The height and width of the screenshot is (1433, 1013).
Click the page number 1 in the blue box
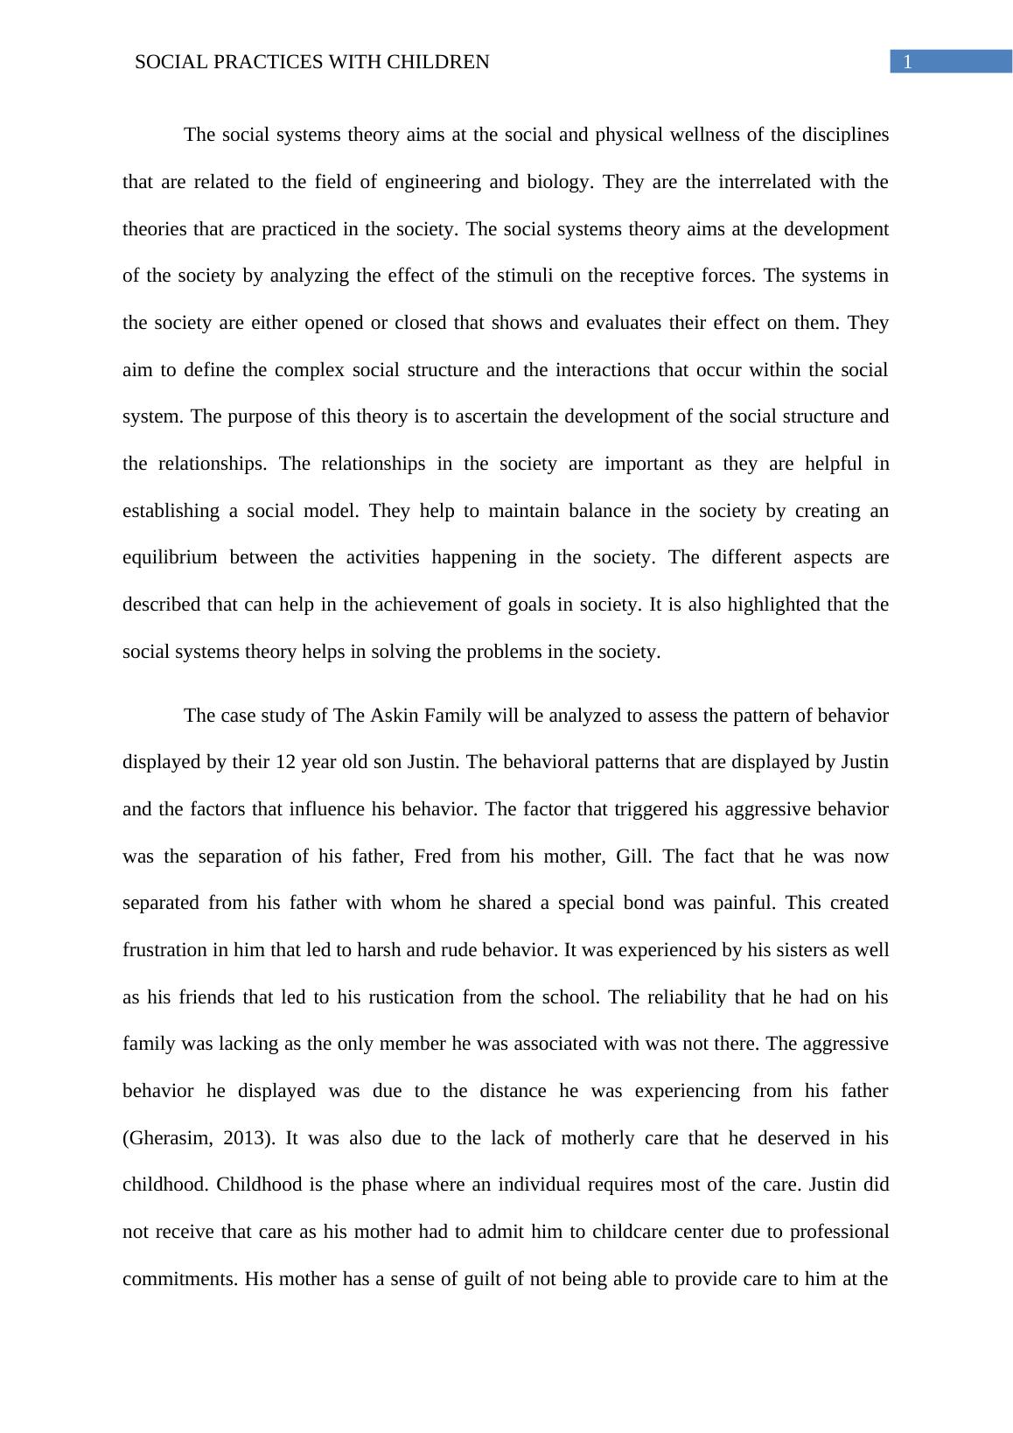908,62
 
